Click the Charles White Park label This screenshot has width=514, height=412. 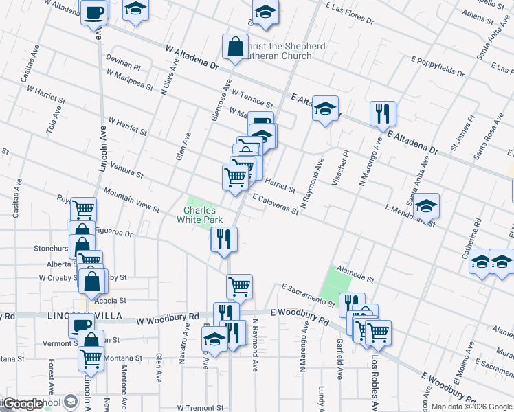click(x=200, y=215)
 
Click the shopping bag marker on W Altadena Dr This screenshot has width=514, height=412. click(x=235, y=47)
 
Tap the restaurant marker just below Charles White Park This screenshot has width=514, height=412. click(x=223, y=239)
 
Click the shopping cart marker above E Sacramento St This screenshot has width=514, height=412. click(x=239, y=286)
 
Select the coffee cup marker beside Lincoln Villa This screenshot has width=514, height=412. click(x=82, y=324)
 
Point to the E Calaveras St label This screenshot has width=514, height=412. click(x=275, y=203)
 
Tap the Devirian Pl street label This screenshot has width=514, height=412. click(x=123, y=64)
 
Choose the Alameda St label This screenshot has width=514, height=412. click(x=360, y=275)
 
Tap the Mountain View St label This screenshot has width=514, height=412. click(x=131, y=200)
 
